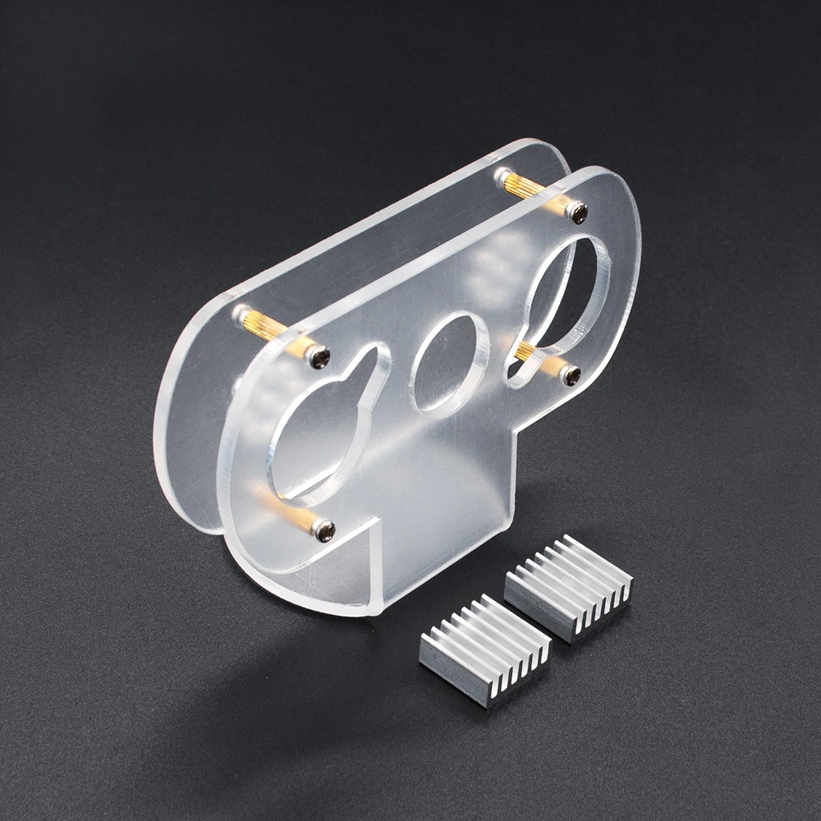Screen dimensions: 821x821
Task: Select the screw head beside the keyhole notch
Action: tap(319, 356)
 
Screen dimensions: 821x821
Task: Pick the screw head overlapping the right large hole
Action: tap(571, 375)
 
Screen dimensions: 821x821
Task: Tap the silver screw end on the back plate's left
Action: tap(241, 313)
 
